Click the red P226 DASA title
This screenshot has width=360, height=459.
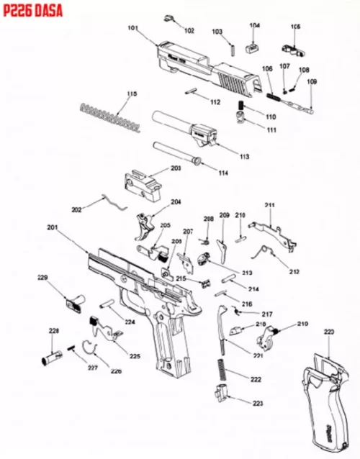point(30,8)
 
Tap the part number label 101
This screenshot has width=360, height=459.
point(132,28)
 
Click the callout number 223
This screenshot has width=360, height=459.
point(257,404)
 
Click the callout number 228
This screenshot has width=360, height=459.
point(53,330)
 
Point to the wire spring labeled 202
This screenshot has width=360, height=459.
point(109,199)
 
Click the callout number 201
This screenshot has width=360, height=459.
point(52,228)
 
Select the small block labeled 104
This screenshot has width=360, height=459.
point(253,45)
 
